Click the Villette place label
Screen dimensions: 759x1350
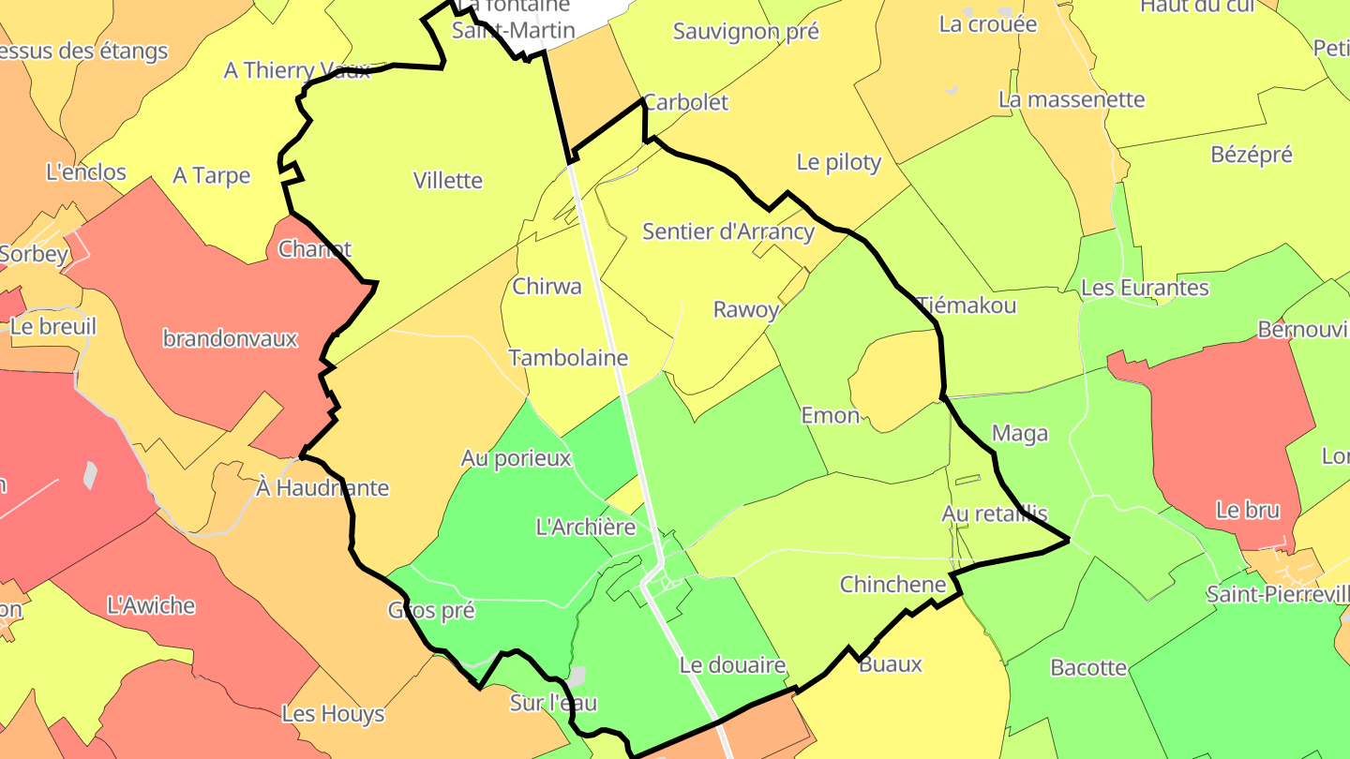tap(448, 181)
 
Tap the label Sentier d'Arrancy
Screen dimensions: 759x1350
tap(728, 231)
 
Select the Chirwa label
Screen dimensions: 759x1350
tap(547, 287)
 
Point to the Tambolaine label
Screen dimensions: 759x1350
tap(568, 358)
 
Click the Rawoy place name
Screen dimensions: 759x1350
tap(746, 309)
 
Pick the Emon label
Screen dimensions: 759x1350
tap(830, 415)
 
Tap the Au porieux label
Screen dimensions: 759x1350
tap(516, 458)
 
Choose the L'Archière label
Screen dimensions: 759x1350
tap(586, 527)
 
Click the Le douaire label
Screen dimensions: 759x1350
tap(732, 666)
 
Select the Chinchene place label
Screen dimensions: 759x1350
tap(893, 585)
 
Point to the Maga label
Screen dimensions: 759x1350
tap(1020, 434)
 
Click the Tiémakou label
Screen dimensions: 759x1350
tap(967, 305)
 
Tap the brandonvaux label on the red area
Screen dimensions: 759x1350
tap(230, 338)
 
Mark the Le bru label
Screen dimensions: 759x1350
tap(1248, 511)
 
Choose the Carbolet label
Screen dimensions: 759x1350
tap(686, 102)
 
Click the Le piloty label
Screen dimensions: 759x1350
tap(839, 162)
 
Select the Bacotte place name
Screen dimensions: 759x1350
tap(1088, 668)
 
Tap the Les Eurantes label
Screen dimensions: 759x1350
tap(1145, 288)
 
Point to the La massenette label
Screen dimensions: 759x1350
tap(1072, 99)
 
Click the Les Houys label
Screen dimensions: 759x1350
tap(333, 714)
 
